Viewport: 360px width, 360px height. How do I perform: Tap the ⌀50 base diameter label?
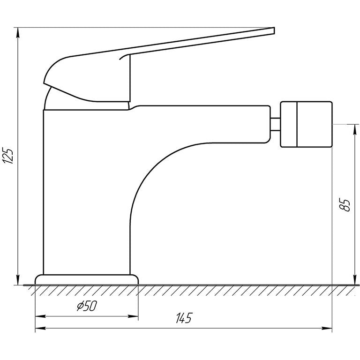87,306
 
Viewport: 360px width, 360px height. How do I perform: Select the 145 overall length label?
184,318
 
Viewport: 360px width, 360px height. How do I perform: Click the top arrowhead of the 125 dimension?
18,33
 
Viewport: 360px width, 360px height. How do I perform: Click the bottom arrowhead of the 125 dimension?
18,280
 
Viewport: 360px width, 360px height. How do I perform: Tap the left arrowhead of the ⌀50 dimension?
40,316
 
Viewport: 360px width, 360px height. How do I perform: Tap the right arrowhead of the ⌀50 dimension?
133,316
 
